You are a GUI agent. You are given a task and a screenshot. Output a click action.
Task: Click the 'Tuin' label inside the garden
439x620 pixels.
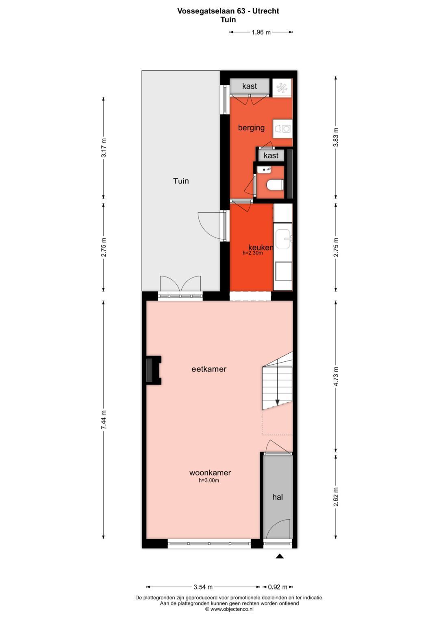(x=181, y=181)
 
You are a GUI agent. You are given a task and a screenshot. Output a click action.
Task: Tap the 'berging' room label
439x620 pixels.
(x=251, y=128)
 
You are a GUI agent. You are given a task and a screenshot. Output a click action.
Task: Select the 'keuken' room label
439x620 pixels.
(x=260, y=247)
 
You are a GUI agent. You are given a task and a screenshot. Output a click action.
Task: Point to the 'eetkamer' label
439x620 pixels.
(x=209, y=369)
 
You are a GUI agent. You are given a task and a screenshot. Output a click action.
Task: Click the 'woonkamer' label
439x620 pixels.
(x=210, y=473)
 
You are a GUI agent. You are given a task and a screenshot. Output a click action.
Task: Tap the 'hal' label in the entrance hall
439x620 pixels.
(x=278, y=497)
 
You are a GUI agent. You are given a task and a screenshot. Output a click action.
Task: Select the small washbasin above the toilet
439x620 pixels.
(x=266, y=170)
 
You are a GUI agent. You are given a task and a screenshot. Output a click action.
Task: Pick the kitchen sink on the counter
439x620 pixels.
(x=283, y=239)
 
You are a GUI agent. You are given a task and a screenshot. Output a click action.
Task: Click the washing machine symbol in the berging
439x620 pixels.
(x=283, y=129)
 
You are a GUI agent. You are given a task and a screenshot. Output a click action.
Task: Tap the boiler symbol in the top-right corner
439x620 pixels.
(x=282, y=88)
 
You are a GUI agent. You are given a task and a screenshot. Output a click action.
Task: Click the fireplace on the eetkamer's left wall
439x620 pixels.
(x=153, y=370)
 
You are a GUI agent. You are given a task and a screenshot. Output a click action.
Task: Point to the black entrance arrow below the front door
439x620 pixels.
(x=280, y=556)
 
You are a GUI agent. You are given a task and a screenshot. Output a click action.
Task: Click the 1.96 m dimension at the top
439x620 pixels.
(x=261, y=32)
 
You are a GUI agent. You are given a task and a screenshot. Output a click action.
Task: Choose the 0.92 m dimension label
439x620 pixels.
(x=278, y=587)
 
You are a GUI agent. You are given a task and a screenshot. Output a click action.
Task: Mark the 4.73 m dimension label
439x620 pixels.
(x=336, y=377)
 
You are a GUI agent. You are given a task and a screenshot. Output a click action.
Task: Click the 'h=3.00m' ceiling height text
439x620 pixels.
(x=209, y=481)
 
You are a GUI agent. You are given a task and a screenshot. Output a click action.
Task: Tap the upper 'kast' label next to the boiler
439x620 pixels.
(x=249, y=86)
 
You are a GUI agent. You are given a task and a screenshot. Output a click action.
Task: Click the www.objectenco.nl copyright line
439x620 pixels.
(x=229, y=609)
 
